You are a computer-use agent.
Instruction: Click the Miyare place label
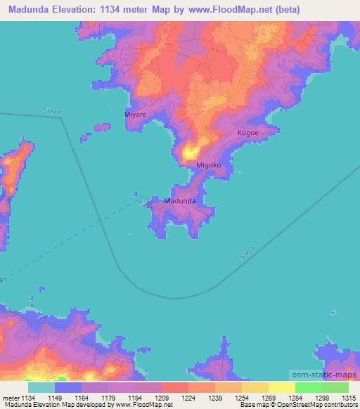(x=136, y=113)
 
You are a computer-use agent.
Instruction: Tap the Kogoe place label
(x=247, y=133)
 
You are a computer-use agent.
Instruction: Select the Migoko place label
(x=209, y=165)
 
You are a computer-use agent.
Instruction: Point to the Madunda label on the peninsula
(x=179, y=201)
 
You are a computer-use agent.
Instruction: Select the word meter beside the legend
(x=11, y=398)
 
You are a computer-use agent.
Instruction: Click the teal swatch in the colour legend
(x=41, y=387)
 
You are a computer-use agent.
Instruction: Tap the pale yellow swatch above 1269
(x=255, y=387)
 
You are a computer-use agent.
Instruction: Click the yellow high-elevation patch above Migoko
(x=191, y=151)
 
